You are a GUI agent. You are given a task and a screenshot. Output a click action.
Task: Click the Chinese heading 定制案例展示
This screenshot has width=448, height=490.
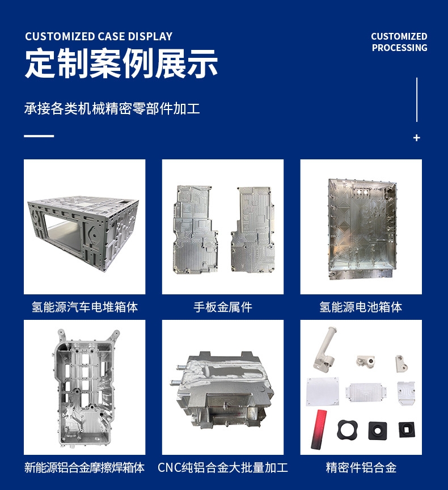tap(121, 64)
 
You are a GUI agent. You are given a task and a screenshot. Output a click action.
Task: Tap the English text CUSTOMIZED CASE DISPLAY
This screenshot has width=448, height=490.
tap(99, 37)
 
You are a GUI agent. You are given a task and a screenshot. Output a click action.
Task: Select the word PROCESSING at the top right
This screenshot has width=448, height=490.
tap(399, 48)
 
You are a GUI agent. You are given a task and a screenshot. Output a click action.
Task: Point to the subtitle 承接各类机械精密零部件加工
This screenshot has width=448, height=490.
tap(112, 108)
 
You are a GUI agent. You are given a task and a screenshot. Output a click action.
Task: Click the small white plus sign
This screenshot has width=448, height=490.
tap(417, 138)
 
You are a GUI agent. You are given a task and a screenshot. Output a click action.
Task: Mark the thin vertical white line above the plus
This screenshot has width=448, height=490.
tap(417, 99)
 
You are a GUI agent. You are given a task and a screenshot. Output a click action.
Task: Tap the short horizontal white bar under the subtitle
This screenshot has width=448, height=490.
tap(39, 136)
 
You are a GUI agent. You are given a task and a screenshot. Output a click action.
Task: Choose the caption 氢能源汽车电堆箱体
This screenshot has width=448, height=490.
tap(84, 307)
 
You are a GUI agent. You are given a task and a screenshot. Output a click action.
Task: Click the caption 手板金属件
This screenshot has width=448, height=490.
tap(222, 307)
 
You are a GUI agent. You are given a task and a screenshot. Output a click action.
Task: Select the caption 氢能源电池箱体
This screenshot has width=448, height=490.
tap(361, 307)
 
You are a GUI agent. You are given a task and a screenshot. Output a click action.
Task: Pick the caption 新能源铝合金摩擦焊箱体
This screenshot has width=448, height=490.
tap(84, 468)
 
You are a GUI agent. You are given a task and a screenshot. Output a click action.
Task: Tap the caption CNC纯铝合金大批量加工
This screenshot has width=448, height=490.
tap(222, 468)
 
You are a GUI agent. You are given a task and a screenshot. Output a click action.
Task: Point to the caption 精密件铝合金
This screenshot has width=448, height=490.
tap(361, 468)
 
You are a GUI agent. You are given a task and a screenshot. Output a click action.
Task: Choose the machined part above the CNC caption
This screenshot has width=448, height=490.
tap(222, 391)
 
